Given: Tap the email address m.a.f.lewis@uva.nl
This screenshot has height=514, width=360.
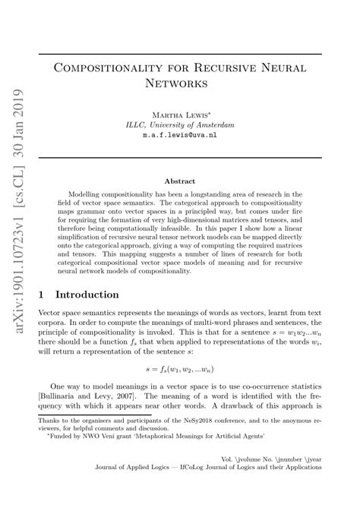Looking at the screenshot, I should point(179,134).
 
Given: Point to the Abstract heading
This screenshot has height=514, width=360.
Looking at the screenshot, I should point(179,181).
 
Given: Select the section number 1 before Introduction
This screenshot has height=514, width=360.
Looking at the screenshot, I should point(42,295).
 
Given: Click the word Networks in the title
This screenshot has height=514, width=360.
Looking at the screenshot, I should point(179,81).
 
